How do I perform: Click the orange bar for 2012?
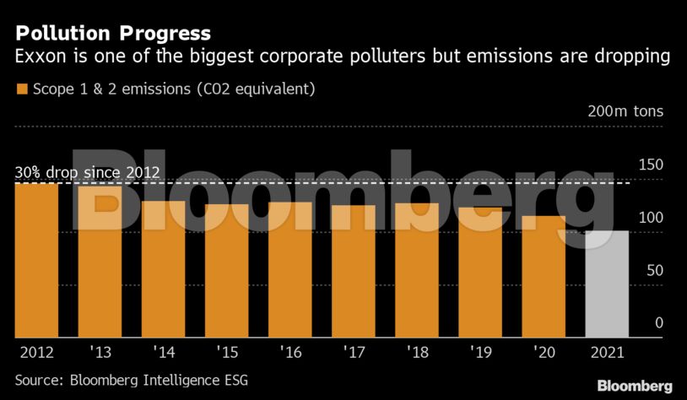coord(36,260)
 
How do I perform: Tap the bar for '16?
coord(289,269)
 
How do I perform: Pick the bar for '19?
coord(480,272)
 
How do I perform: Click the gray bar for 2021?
coord(607,284)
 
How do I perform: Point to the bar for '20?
coord(544,276)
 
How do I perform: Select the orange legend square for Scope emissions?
coord(22,89)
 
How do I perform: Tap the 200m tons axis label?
coord(625,111)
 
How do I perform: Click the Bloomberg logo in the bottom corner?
coord(635,386)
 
